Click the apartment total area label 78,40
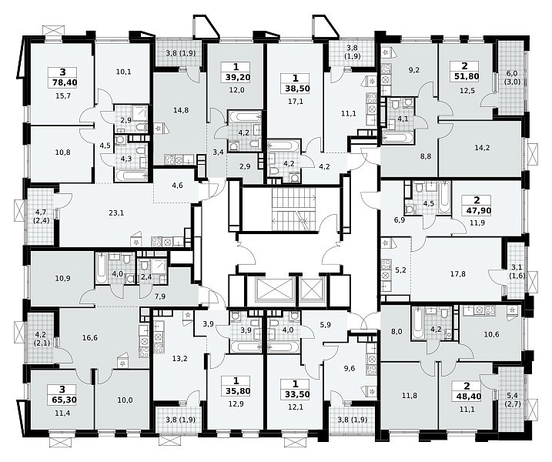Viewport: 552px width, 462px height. (x=63, y=82)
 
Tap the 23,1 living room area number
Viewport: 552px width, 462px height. (x=116, y=213)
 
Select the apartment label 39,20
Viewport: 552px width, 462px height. (x=236, y=78)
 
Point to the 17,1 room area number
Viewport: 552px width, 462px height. (x=295, y=102)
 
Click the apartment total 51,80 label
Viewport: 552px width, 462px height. (x=465, y=76)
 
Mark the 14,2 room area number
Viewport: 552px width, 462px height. (x=482, y=148)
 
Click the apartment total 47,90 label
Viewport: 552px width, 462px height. (x=477, y=210)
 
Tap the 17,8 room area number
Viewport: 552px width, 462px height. (x=457, y=273)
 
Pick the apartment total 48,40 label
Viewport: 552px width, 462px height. (x=467, y=397)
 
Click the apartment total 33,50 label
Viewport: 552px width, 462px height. (x=295, y=394)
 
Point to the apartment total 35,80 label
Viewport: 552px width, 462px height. (x=236, y=390)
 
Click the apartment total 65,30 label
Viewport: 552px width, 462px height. (x=62, y=400)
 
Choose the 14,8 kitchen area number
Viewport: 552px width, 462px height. (x=181, y=110)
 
